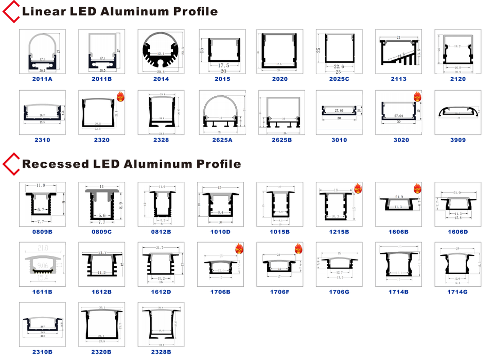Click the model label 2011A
point(42,79)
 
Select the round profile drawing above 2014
point(161,52)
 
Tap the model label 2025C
point(339,79)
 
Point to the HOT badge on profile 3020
point(417,96)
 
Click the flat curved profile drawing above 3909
point(457,112)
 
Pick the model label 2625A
point(221,140)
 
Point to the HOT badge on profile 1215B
point(358,188)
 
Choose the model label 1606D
point(457,232)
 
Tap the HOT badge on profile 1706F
point(298,249)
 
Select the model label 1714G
point(457,292)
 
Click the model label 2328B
point(161,352)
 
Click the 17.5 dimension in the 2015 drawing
point(223,66)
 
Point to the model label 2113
point(398,79)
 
